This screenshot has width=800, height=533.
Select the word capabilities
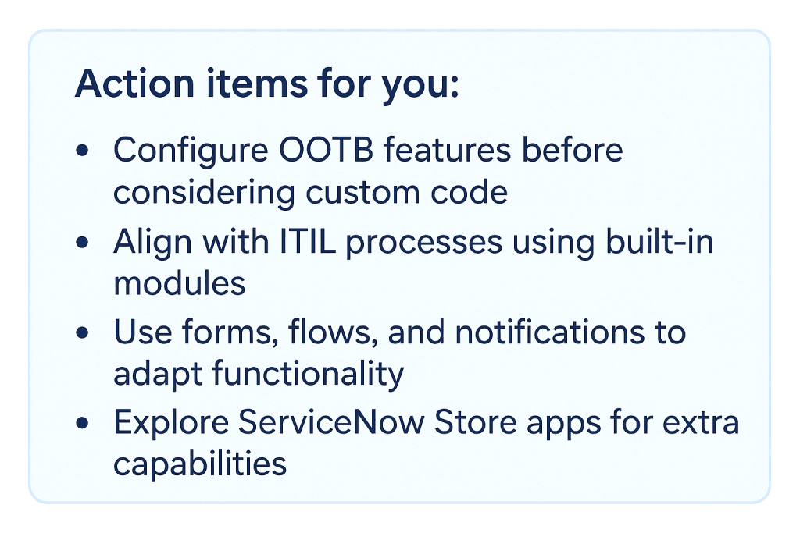[200, 464]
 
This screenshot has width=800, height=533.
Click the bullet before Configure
[82, 151]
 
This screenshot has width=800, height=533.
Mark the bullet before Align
[82, 243]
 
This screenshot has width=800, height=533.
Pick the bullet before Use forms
[82, 333]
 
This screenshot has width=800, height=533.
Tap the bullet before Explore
[82, 425]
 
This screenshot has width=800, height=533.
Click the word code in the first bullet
[470, 191]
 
